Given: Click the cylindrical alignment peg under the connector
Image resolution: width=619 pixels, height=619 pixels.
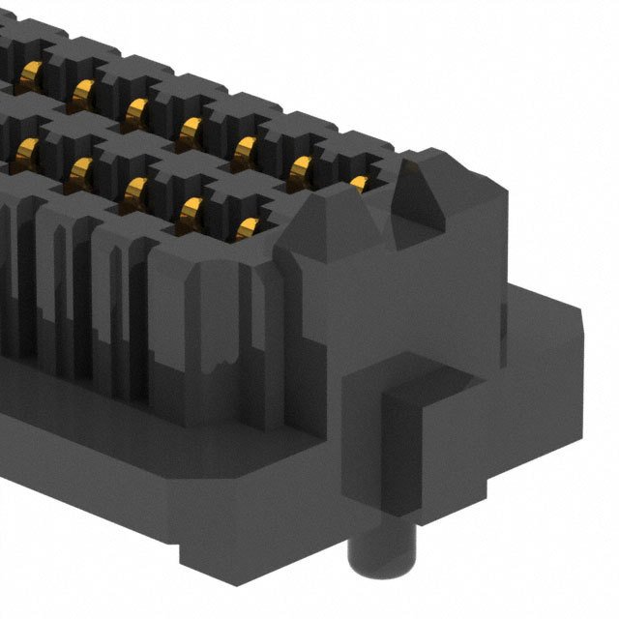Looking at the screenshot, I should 368,566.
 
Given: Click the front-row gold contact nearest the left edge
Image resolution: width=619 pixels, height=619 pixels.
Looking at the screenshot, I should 21,146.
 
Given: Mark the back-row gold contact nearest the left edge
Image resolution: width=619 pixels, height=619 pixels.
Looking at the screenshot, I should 29,70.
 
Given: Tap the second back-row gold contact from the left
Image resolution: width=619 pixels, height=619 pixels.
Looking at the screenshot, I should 82,89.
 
